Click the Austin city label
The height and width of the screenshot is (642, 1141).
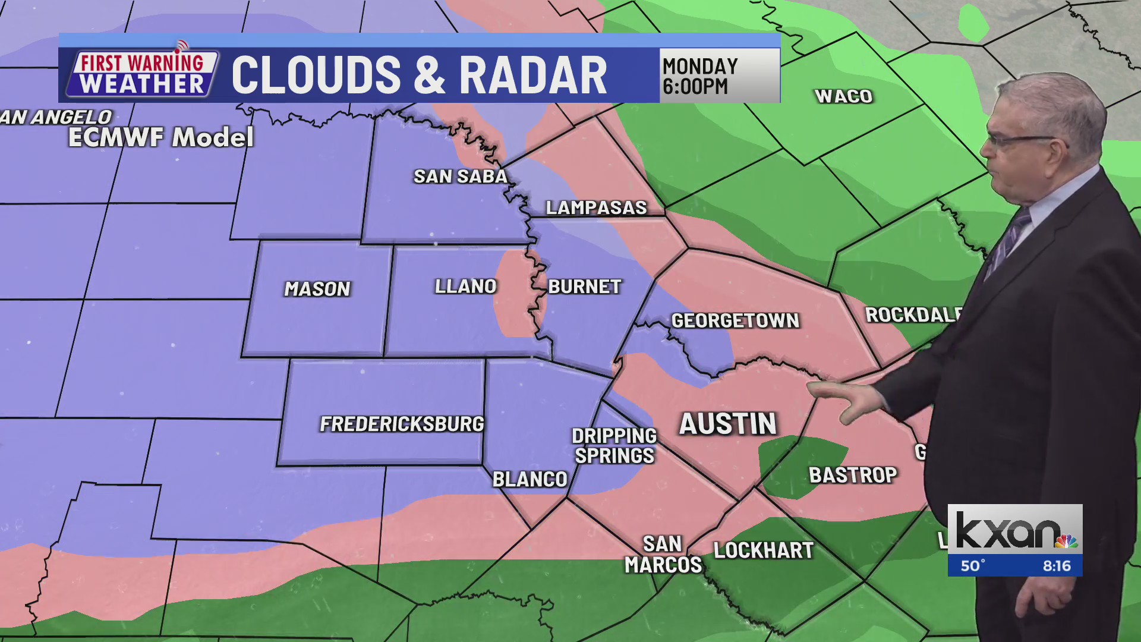pyautogui.click(x=728, y=424)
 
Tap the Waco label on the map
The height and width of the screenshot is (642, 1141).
pyautogui.click(x=843, y=96)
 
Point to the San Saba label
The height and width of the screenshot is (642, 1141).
pyautogui.click(x=461, y=177)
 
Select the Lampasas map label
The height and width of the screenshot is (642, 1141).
pyautogui.click(x=596, y=207)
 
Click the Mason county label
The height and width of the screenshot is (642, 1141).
pyautogui.click(x=317, y=289)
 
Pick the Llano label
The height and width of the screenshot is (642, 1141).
pyautogui.click(x=465, y=287)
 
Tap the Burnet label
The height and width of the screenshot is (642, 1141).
pyautogui.click(x=585, y=287)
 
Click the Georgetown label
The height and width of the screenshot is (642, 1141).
pyautogui.click(x=735, y=321)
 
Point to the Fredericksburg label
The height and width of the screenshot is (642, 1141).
pyautogui.click(x=402, y=424)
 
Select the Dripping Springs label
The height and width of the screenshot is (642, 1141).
pyautogui.click(x=614, y=446)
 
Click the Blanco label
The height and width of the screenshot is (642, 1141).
pyautogui.click(x=530, y=479)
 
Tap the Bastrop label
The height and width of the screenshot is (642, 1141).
pyautogui.click(x=853, y=475)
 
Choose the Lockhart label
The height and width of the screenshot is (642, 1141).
pyautogui.click(x=763, y=550)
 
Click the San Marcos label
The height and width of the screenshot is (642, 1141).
pyautogui.click(x=663, y=555)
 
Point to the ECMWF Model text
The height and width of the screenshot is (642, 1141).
pyautogui.click(x=161, y=138)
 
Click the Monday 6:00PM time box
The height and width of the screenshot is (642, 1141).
pyautogui.click(x=719, y=76)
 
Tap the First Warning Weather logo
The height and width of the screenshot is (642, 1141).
pyautogui.click(x=141, y=74)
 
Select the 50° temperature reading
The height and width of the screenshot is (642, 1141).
pyautogui.click(x=973, y=565)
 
